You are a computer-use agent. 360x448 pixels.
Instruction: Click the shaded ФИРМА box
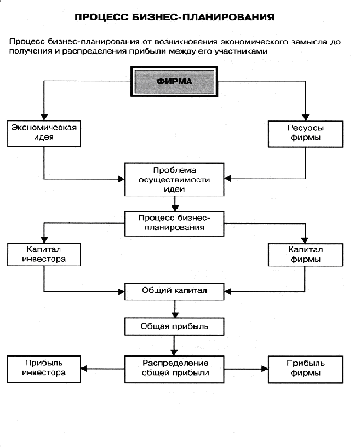tap(174, 82)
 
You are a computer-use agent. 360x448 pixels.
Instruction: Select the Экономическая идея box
tap(44, 134)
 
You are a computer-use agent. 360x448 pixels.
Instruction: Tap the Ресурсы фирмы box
tap(305, 134)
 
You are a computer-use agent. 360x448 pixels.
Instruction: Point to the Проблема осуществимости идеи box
tap(174, 180)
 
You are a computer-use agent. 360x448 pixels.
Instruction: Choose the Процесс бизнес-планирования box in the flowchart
tap(174, 223)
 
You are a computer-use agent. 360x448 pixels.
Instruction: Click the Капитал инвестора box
tap(44, 255)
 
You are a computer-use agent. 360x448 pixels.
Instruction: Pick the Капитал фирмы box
tap(305, 255)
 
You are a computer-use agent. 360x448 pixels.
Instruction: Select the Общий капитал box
tap(174, 291)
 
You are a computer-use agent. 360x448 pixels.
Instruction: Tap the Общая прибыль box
tap(174, 326)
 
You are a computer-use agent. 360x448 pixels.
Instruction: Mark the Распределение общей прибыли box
tap(174, 369)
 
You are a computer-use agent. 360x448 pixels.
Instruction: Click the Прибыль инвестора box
tap(44, 369)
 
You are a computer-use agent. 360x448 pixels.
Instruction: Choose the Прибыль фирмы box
tap(305, 370)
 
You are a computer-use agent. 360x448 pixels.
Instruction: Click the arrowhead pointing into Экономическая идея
tap(44, 117)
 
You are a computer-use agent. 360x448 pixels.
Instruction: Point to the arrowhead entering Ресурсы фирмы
tap(306, 117)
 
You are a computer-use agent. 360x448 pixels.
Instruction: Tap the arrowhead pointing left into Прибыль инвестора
tap(84, 369)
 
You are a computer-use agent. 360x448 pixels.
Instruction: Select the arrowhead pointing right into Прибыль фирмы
tap(265, 369)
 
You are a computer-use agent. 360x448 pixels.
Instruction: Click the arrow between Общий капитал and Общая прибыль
tap(175, 309)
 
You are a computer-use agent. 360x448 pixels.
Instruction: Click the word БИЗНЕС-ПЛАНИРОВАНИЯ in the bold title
tap(204, 17)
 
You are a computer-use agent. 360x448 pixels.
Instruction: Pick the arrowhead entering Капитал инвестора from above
tap(44, 240)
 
